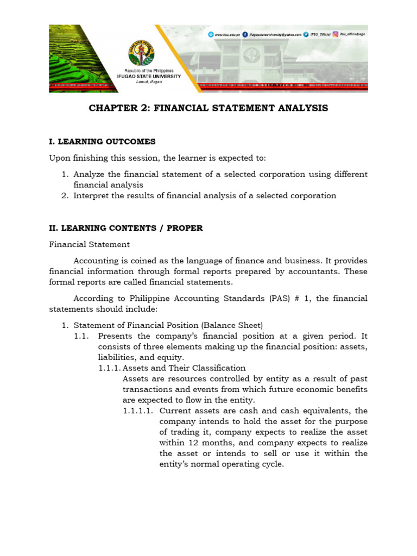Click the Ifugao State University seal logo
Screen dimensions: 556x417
click(141, 53)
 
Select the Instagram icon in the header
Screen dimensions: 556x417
click(336, 34)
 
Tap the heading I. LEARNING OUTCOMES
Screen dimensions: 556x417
click(102, 142)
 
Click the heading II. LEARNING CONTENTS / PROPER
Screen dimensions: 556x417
click(126, 228)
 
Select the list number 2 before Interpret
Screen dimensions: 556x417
click(64, 195)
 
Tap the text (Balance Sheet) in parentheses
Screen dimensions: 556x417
click(232, 325)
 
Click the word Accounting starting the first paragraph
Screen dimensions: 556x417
click(96, 261)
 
